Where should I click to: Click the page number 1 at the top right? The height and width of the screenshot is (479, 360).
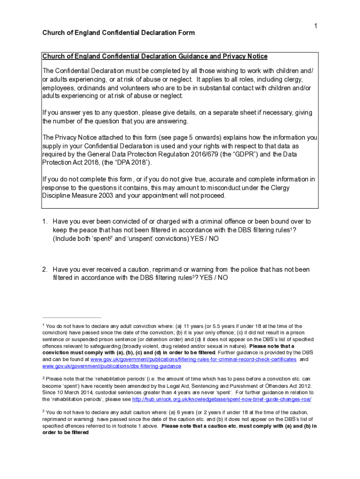[316, 26]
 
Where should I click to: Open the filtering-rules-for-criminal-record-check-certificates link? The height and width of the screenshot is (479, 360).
[193, 359]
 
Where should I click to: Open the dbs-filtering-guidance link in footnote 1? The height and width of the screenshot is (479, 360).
[112, 366]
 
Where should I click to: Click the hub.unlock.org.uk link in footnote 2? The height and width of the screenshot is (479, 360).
[222, 399]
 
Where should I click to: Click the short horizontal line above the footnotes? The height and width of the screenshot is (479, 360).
[72, 317]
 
